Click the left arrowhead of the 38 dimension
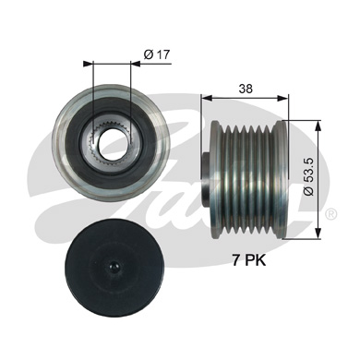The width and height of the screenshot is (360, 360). [205, 95]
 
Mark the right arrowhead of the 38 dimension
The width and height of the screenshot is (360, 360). [286, 95]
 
